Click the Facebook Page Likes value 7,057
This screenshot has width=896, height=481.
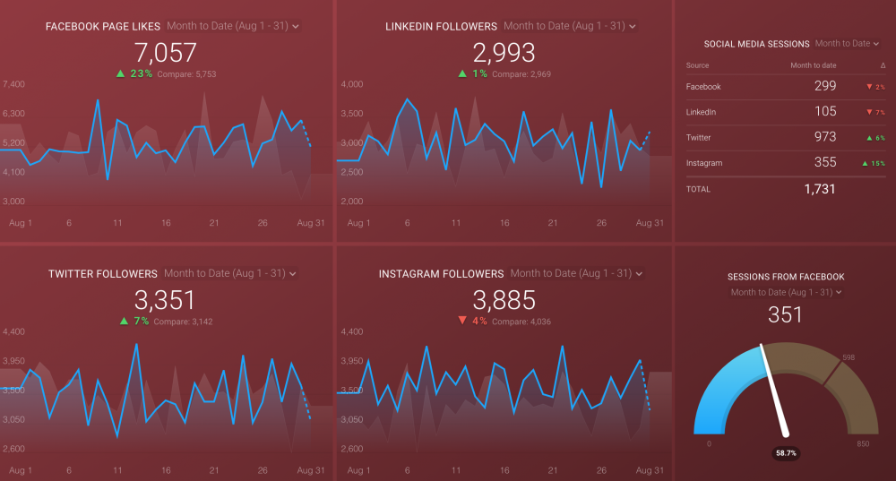[x=165, y=53]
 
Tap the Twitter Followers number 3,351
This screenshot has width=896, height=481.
[x=165, y=300]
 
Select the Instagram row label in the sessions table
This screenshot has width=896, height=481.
[x=703, y=163]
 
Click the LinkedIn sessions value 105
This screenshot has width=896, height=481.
[x=825, y=111]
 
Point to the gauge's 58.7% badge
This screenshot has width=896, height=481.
[x=786, y=454]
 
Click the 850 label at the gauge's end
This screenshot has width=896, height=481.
[x=862, y=443]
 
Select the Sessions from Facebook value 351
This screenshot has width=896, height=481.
[x=785, y=314]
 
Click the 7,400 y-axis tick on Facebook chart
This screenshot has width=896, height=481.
[x=14, y=84]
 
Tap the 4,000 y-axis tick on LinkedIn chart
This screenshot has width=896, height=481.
[x=351, y=84]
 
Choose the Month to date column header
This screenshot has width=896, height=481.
[x=814, y=65]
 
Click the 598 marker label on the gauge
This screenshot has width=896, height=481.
[x=848, y=358]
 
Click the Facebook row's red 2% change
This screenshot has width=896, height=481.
[x=874, y=87]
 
